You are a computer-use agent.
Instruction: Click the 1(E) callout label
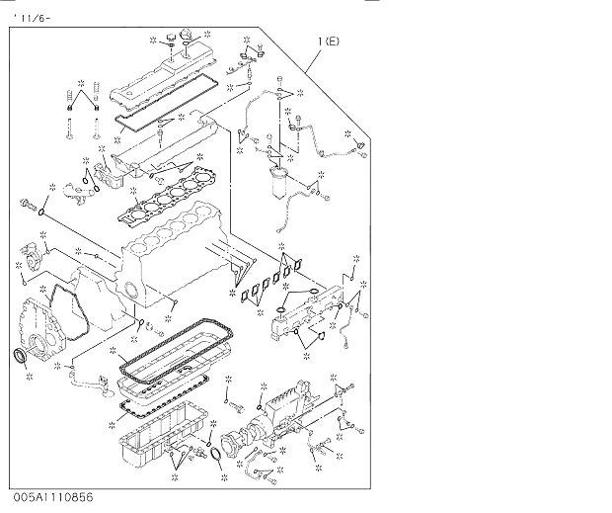329,42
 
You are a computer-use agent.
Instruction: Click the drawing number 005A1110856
53,497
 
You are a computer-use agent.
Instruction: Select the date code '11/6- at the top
32,19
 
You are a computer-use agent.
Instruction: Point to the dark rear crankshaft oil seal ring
20,355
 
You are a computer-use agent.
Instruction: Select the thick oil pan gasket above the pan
176,351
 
